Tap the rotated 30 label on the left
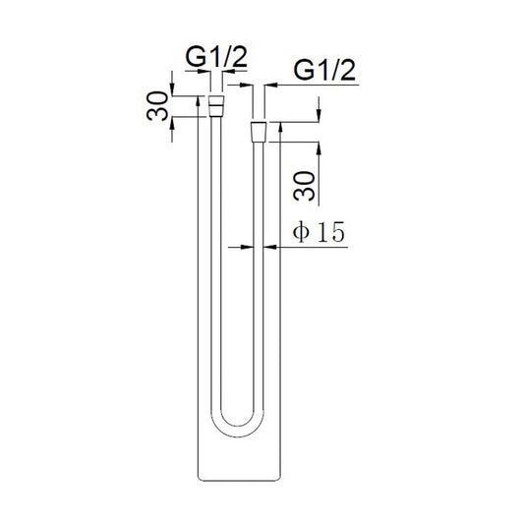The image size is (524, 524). [156, 105]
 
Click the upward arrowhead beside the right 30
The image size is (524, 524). [318, 147]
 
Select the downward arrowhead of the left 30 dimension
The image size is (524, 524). [174, 91]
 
